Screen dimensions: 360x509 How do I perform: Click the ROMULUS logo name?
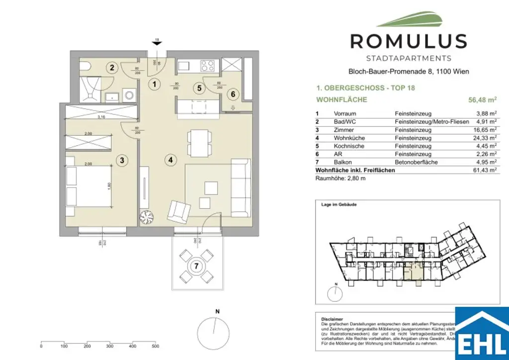pos(408,41)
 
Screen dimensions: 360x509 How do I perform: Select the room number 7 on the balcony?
pos(197,266)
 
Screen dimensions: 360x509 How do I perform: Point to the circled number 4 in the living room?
pos(170,160)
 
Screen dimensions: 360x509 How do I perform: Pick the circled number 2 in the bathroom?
pos(113,68)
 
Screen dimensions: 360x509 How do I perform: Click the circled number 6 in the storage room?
pos(232,93)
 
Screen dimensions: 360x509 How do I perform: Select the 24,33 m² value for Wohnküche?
pos(485,138)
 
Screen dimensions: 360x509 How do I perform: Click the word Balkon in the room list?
pos(342,162)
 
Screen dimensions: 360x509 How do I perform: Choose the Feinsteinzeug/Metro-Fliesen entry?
pos(426,121)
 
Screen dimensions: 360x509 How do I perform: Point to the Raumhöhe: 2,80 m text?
pos(337,178)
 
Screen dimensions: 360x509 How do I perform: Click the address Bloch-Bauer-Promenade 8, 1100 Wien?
pos(408,72)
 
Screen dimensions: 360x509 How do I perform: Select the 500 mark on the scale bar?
pos(155,346)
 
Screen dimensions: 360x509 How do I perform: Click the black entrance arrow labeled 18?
pos(157,43)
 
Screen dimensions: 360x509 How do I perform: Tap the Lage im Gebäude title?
pos(339,204)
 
